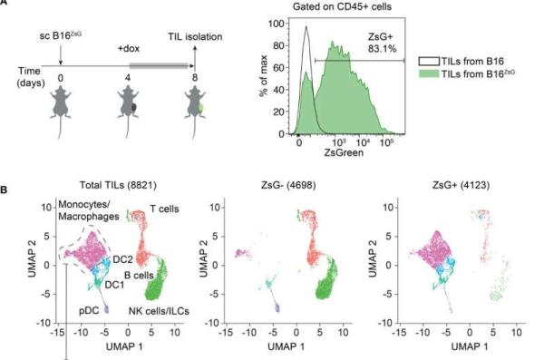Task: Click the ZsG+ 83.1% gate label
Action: click(382, 43)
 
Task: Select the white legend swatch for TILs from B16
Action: click(429, 62)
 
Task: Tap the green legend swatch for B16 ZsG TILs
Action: click(429, 73)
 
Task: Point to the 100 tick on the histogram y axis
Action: click(277, 24)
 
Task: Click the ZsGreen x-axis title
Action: click(344, 152)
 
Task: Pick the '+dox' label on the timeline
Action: click(129, 48)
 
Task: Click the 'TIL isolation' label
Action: click(195, 36)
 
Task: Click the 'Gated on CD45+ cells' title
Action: click(342, 6)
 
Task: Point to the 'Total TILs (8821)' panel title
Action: click(118, 185)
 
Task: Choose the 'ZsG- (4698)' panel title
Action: click(288, 185)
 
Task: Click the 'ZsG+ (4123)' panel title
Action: click(461, 185)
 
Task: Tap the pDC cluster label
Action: click(89, 310)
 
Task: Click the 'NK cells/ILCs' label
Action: click(159, 311)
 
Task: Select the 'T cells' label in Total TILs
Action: click(164, 209)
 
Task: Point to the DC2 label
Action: click(122, 259)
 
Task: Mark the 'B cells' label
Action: click(139, 276)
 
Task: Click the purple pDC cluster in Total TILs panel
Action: click(106, 309)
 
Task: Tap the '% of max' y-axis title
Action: click(264, 75)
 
